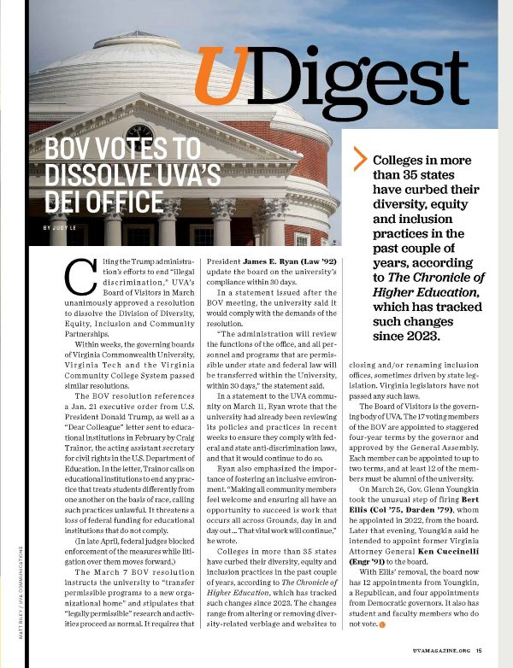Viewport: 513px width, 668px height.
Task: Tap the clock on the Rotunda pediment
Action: pos(139,135)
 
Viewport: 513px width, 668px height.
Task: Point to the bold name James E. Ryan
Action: pos(282,259)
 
